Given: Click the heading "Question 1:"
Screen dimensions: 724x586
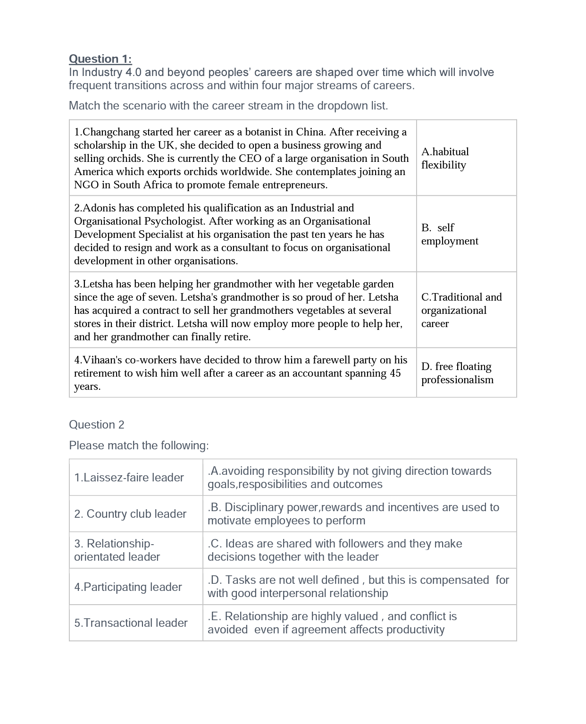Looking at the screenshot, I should [100, 59].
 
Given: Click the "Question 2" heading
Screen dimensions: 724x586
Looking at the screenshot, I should [97, 425].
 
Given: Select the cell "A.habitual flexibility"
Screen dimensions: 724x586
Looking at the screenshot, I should [466, 158].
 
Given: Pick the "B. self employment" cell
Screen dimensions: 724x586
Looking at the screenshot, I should [466, 234].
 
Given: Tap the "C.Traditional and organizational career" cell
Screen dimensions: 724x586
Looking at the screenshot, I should [466, 310].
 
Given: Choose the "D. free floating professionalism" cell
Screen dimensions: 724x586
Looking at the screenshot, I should [466, 373].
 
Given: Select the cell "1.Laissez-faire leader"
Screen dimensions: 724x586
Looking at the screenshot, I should [129, 478].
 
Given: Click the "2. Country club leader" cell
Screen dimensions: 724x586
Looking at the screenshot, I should [130, 514].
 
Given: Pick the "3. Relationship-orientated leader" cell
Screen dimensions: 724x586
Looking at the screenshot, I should [117, 550].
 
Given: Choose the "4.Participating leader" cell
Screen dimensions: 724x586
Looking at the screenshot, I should [128, 587].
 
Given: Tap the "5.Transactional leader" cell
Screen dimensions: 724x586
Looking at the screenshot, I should [131, 623].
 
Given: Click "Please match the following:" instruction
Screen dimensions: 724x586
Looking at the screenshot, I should [139, 446].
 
